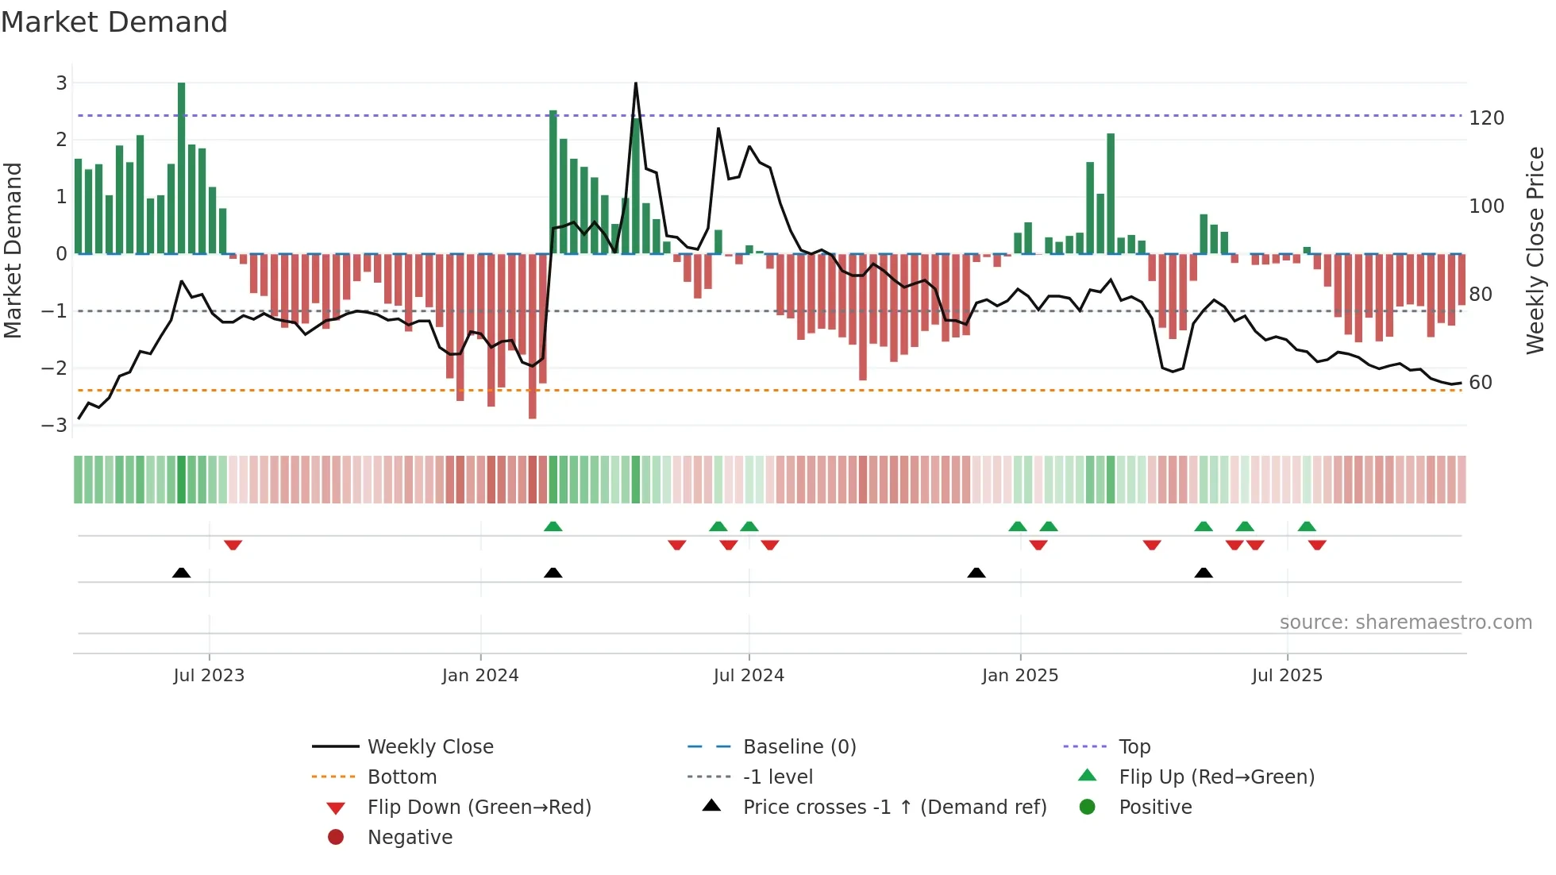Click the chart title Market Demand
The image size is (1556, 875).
[x=114, y=22]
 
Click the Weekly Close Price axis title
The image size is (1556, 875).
[x=1535, y=250]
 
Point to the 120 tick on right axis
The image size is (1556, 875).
[x=1486, y=118]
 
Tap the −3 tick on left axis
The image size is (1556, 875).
[x=54, y=425]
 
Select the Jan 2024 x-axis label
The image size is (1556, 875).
[x=480, y=676]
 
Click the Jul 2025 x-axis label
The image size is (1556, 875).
[x=1287, y=676]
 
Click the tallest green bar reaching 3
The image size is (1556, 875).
[x=182, y=167]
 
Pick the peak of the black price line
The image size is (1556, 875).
[x=636, y=83]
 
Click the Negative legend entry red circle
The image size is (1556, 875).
[x=336, y=838]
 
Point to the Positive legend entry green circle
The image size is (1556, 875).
[x=1088, y=808]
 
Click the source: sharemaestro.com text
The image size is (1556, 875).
[x=1405, y=623]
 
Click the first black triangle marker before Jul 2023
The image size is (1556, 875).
[x=182, y=572]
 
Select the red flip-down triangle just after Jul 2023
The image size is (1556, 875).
[x=233, y=545]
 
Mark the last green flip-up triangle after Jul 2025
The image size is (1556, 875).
[x=1307, y=526]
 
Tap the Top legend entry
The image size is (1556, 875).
[x=1134, y=747]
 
